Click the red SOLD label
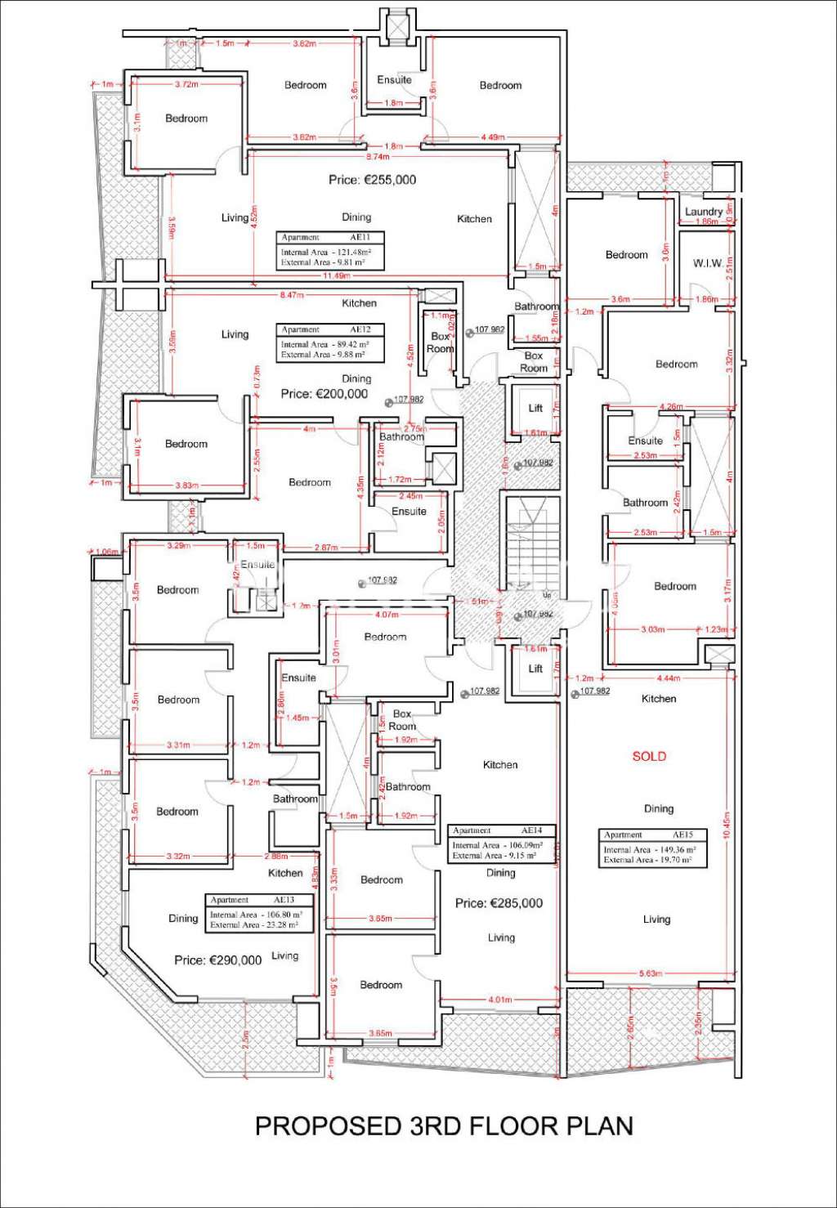(649, 756)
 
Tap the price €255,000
(372, 180)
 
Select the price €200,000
(324, 394)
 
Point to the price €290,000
(217, 960)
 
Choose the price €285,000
(499, 903)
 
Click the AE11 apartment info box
(329, 251)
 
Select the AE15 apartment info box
(652, 848)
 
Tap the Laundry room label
(704, 212)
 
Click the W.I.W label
(707, 263)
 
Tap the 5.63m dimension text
(650, 973)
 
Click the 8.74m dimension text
(378, 156)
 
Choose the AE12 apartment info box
(329, 342)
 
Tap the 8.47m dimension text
(291, 294)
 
